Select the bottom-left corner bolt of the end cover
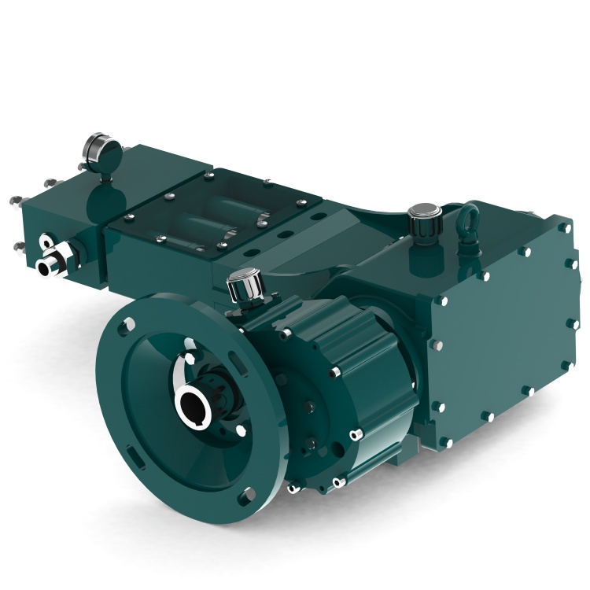pyautogui.click(x=444, y=441)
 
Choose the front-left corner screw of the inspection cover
pyautogui.click(x=160, y=239)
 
